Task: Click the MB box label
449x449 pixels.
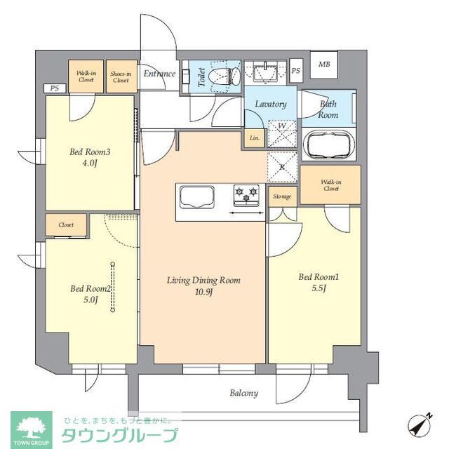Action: click(324, 65)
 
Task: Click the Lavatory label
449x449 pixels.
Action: click(270, 104)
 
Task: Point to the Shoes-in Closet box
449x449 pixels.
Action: click(121, 76)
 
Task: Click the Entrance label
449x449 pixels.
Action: click(159, 73)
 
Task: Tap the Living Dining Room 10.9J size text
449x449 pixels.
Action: click(203, 292)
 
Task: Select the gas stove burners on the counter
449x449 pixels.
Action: click(246, 195)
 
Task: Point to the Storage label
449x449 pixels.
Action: click(282, 196)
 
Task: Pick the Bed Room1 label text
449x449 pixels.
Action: click(319, 277)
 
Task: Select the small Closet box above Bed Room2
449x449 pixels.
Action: click(67, 225)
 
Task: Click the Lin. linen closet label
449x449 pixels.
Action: click(254, 138)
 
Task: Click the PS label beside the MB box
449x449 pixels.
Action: click(296, 70)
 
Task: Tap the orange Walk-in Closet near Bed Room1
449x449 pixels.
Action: click(330, 185)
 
